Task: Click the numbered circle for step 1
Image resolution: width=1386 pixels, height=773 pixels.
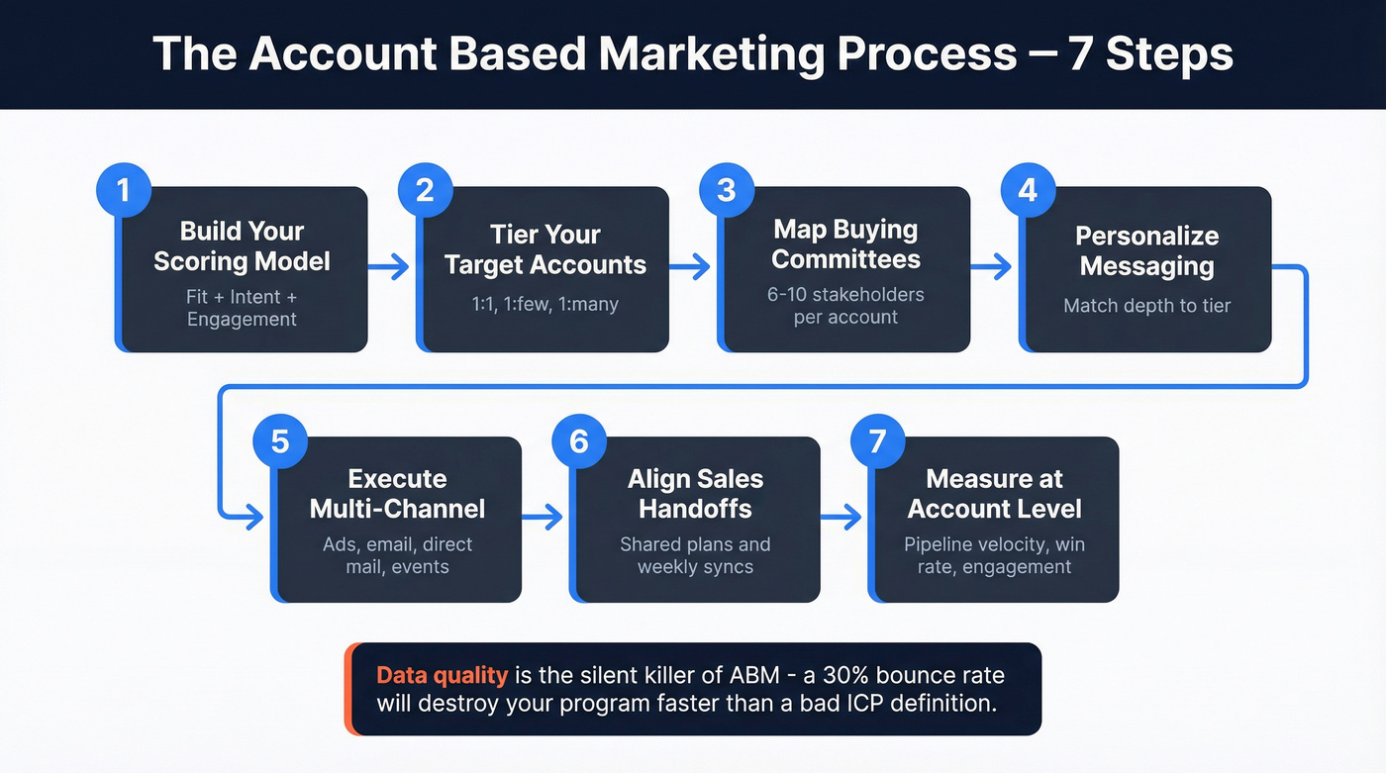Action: [x=123, y=189]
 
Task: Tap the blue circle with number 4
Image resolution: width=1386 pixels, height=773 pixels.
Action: [x=1028, y=189]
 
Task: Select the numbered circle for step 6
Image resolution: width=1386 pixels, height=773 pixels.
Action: [x=579, y=439]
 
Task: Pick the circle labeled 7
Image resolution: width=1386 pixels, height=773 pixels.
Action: [x=877, y=439]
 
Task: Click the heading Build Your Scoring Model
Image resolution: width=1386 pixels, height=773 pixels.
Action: [x=242, y=246]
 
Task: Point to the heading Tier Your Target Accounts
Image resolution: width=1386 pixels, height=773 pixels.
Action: [x=544, y=249]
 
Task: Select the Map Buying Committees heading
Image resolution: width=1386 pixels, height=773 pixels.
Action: [x=845, y=244]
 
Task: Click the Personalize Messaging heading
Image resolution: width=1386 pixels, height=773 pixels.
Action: [x=1146, y=251]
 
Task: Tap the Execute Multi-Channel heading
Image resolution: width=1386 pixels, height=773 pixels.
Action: [x=397, y=494]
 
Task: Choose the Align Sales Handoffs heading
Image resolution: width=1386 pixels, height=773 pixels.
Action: [x=695, y=494]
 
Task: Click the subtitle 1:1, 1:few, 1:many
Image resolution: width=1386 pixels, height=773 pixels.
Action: [x=544, y=304]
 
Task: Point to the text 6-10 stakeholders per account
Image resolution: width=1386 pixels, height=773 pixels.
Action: [x=845, y=306]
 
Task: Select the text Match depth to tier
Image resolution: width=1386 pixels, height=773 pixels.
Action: [x=1146, y=305]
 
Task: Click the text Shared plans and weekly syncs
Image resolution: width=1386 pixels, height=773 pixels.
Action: [x=695, y=555]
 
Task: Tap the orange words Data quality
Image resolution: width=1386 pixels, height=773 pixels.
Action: [x=442, y=676]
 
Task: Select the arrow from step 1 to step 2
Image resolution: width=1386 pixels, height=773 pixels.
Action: [x=388, y=265]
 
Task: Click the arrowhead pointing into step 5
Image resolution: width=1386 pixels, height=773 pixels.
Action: [x=255, y=516]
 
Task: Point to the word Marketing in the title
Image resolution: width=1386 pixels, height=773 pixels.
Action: [x=711, y=54]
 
